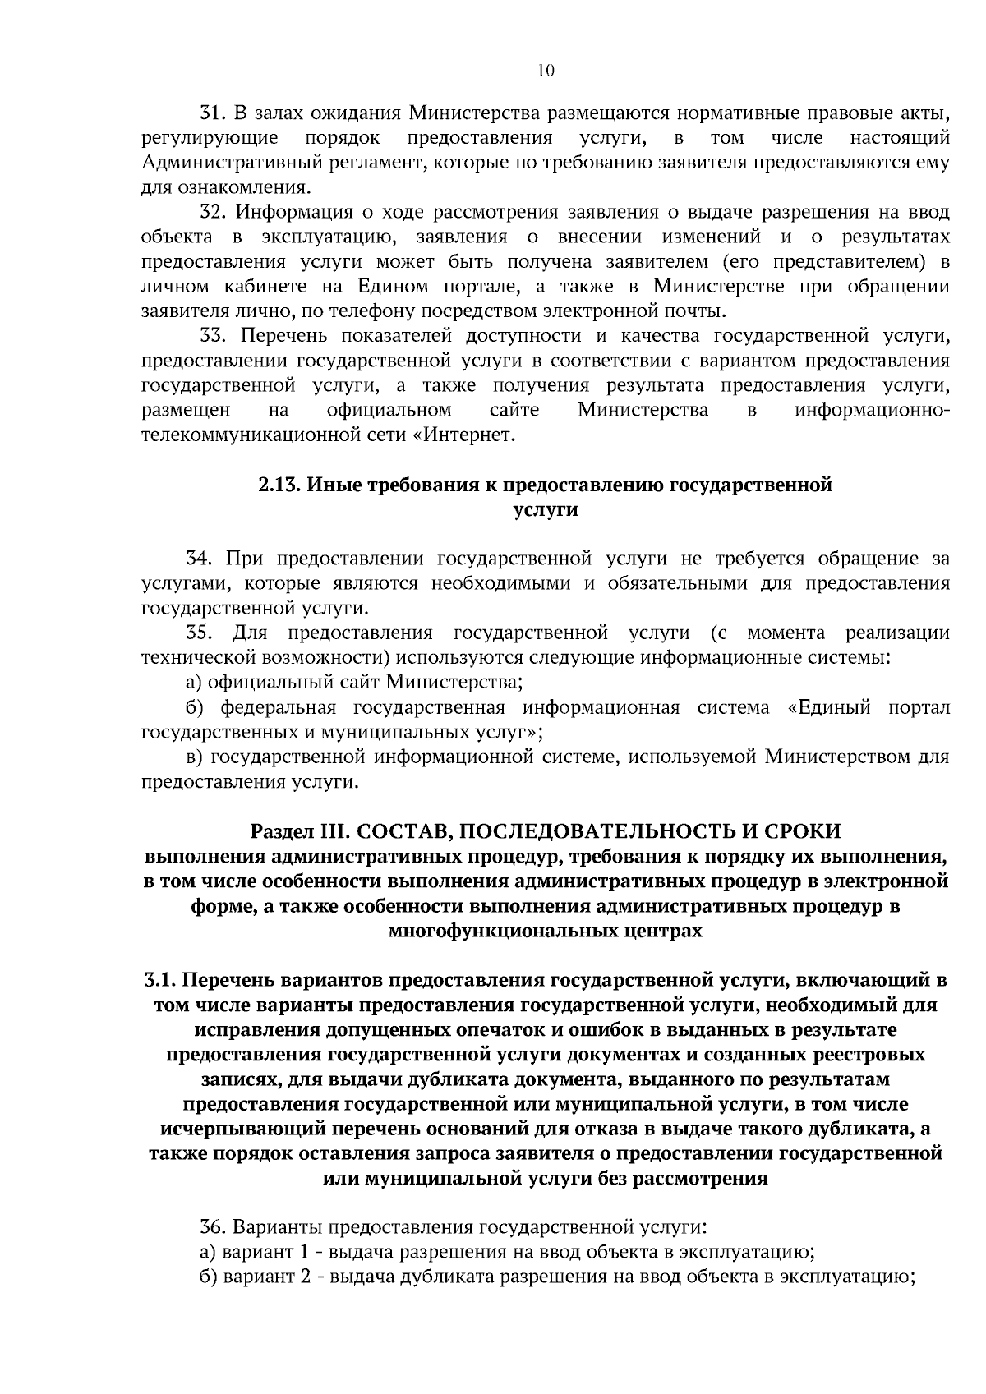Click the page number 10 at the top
(546, 71)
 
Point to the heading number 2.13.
(280, 485)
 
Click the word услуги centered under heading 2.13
(546, 509)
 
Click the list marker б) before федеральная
(193, 707)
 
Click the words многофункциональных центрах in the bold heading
(546, 931)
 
